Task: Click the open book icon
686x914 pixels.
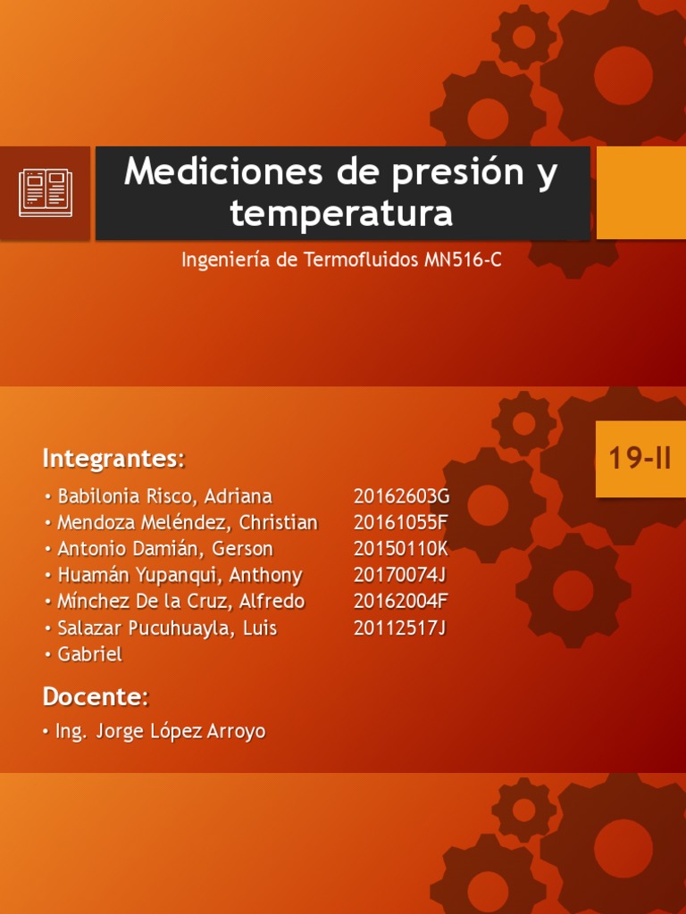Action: tap(46, 193)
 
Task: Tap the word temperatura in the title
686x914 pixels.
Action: tap(341, 213)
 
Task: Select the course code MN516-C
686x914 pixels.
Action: tap(463, 260)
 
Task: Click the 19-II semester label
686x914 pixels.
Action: tap(640, 458)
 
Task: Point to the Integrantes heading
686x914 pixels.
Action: tap(113, 459)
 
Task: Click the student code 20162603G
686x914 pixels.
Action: tap(402, 496)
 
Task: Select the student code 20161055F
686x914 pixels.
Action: tap(400, 522)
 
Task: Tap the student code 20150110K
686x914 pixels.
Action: tap(401, 549)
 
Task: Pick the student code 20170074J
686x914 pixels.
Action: tap(399, 576)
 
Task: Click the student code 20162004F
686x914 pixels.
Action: tap(400, 601)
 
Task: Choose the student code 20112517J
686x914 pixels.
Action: tap(399, 627)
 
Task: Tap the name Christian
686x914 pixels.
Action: tap(279, 522)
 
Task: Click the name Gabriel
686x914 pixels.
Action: tap(90, 654)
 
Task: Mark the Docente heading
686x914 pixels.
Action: tap(96, 696)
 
